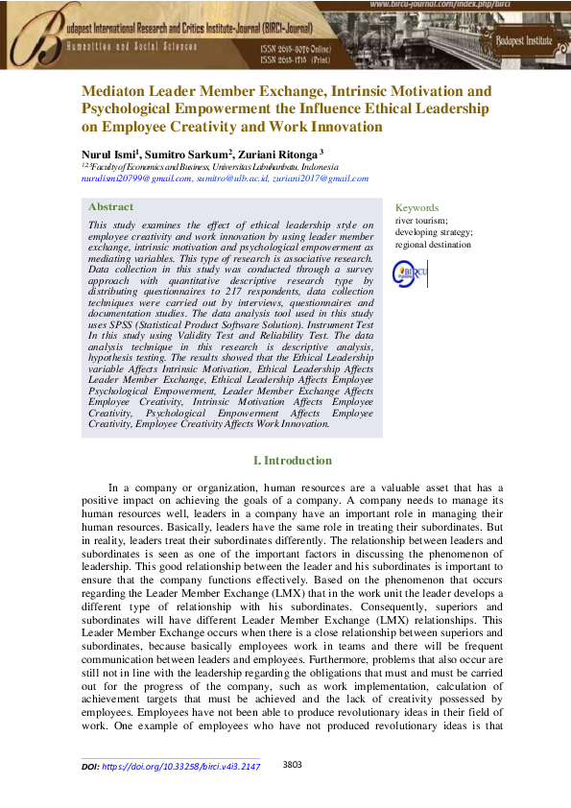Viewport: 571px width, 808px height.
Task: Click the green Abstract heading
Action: coord(110,206)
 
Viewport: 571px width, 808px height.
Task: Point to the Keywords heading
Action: coord(416,207)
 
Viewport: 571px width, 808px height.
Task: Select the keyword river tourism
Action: coord(420,220)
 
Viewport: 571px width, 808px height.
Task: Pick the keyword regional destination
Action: coord(433,245)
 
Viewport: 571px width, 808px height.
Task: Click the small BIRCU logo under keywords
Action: coord(411,273)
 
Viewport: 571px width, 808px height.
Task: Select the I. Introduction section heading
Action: coord(292,461)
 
